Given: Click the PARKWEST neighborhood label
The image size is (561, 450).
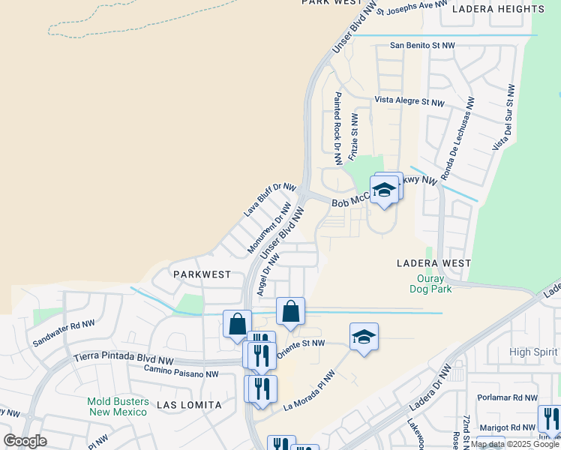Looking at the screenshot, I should (202, 274).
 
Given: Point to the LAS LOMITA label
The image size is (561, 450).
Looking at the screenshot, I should (189, 405).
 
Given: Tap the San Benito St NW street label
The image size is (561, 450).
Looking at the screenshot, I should (422, 46).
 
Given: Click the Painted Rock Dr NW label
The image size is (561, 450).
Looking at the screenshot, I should (338, 128).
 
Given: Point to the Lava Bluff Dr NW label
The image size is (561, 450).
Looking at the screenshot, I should (270, 199).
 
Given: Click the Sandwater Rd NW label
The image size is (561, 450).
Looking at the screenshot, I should (64, 334).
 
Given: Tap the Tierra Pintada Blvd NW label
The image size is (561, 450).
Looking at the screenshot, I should (124, 360).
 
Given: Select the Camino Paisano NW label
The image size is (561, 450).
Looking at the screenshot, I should (181, 373).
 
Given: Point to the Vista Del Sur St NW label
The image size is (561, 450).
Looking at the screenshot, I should (503, 117).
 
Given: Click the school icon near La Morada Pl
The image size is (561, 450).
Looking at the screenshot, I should (364, 337).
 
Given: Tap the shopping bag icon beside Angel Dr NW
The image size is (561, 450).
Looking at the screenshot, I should (290, 310).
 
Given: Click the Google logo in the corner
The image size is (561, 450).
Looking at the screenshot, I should (25, 440).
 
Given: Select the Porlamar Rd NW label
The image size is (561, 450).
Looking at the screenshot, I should (508, 398).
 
